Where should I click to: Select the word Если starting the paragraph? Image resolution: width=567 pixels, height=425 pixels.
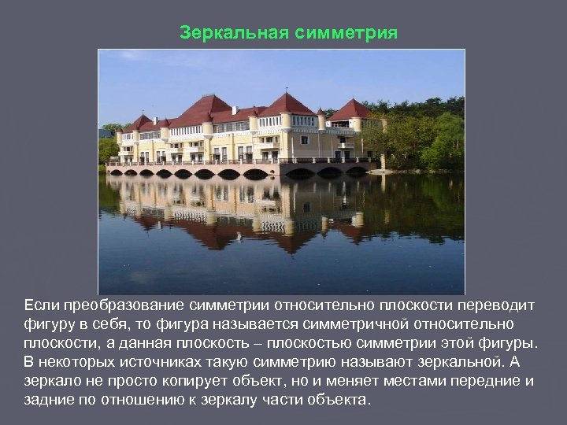tap(39, 305)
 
